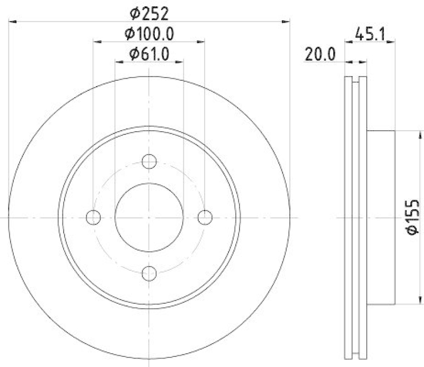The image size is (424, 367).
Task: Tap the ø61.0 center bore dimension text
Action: tap(149, 53)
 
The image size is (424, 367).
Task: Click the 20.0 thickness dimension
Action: tap(320, 54)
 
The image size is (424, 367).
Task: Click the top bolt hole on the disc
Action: tap(149, 161)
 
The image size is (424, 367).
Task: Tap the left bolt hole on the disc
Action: tap(94, 217)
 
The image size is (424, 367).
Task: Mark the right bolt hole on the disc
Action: tap(205, 217)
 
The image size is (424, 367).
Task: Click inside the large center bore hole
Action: tap(149, 217)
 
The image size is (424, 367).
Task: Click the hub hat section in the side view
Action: tap(381, 217)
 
